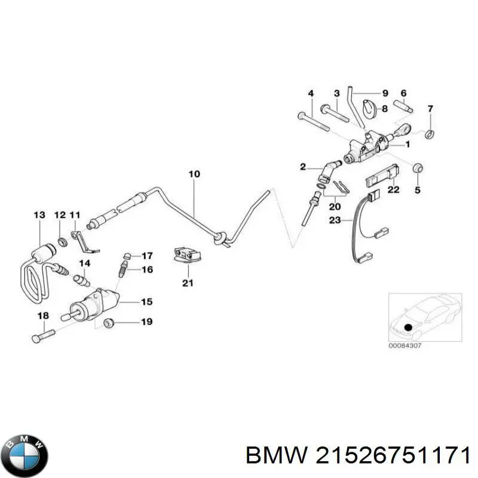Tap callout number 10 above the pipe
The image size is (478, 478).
point(194,175)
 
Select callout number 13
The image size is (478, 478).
point(39,215)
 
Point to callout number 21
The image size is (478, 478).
point(188,283)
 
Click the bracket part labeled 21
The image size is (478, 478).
point(186,255)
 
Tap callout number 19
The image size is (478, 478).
point(146,323)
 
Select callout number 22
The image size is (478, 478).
point(393,190)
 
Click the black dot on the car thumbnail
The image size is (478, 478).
point(407,327)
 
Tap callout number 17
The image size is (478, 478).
point(146,255)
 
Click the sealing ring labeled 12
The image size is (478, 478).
point(61,242)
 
